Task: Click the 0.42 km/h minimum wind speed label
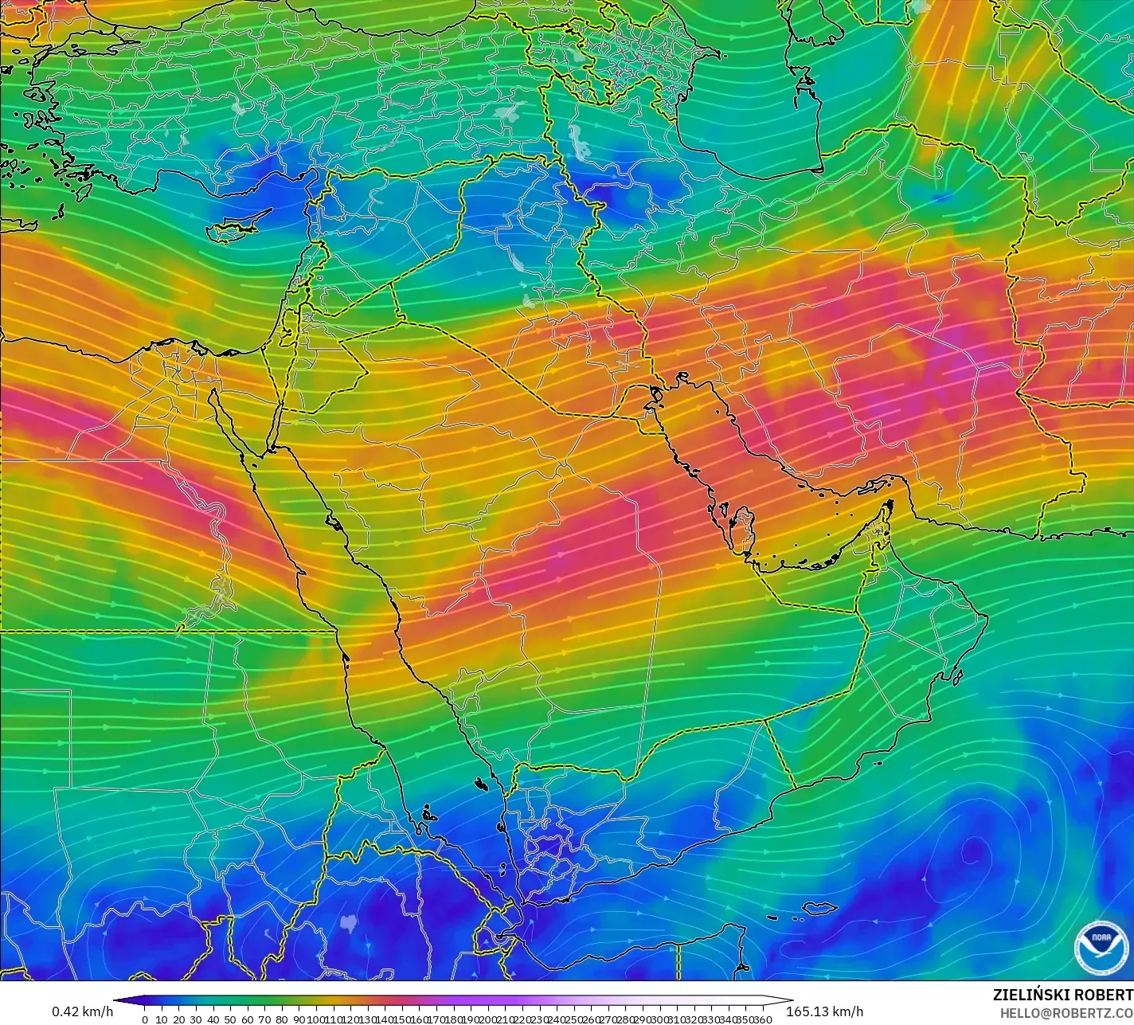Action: coord(83,1011)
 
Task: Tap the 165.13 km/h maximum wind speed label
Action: coord(824,1011)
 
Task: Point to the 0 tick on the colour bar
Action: coord(144,1019)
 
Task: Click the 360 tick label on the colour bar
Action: coord(764,1019)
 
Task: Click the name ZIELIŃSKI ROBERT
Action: coord(1062,995)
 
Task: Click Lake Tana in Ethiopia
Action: coord(348,923)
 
